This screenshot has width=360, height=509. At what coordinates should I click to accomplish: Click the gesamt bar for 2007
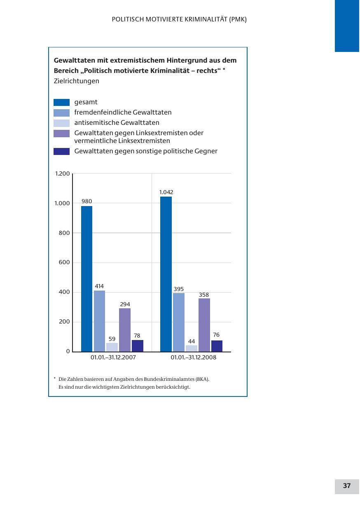86,279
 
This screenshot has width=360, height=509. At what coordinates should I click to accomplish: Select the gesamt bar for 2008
166,274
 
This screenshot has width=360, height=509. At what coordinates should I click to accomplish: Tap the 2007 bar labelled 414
99,321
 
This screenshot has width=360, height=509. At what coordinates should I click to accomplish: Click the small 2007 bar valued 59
112,347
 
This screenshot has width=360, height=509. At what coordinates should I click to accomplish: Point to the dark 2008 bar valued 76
217,346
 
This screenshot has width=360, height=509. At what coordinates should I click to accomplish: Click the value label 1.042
166,192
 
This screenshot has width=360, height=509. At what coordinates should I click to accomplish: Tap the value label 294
125,304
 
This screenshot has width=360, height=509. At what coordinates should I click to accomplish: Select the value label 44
192,341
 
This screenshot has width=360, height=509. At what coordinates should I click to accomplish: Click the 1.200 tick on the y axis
63,174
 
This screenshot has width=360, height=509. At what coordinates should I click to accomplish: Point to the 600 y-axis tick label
65,263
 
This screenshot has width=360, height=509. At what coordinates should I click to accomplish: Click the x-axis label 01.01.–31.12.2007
113,358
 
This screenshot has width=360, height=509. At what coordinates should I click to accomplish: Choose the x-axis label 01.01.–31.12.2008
194,358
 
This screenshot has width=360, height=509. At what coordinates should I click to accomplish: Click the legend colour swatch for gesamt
62,103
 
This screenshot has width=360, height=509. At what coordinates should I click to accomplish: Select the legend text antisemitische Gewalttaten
117,122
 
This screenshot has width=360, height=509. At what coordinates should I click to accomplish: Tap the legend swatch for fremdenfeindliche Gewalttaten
62,113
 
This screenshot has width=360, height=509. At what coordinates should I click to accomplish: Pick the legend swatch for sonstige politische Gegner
62,151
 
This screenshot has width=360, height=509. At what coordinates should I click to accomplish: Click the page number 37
347,486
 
